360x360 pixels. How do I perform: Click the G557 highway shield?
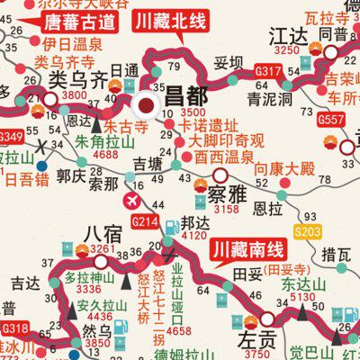[x=332, y=119]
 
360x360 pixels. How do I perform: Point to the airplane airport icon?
[x=135, y=198]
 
